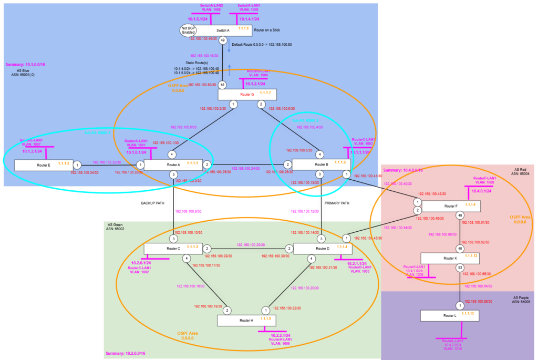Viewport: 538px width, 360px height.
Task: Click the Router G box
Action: pos(247,94)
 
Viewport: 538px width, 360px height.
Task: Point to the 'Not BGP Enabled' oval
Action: pos(189,30)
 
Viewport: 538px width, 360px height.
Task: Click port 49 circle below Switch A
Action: pos(223,40)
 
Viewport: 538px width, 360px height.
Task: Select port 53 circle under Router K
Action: pos(460,267)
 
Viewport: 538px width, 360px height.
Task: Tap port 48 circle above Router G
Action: pos(223,85)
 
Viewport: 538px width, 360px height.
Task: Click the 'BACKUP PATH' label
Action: pos(153,202)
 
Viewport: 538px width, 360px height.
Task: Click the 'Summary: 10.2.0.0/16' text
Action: pos(127,353)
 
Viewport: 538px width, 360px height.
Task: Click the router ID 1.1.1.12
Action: pos(470,256)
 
